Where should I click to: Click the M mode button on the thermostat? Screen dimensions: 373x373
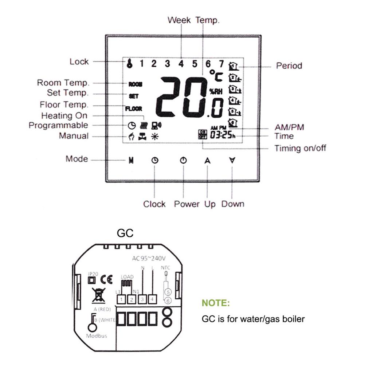click(x=131, y=161)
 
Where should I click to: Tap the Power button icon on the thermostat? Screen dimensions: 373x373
click(x=183, y=161)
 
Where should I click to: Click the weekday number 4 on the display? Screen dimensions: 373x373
click(x=181, y=64)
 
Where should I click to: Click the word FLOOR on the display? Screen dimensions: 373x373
click(x=134, y=109)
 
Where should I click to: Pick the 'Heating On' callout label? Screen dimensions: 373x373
click(x=64, y=116)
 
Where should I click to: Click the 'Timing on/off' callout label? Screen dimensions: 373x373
click(x=300, y=148)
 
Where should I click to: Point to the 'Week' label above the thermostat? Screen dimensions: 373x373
click(x=179, y=20)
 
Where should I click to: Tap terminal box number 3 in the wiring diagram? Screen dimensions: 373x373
click(x=142, y=299)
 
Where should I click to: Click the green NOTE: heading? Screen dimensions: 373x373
click(x=216, y=303)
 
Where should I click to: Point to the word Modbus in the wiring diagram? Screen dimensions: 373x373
click(x=97, y=335)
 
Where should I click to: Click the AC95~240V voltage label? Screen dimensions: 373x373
click(x=149, y=259)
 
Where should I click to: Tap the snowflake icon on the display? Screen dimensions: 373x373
click(x=154, y=137)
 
